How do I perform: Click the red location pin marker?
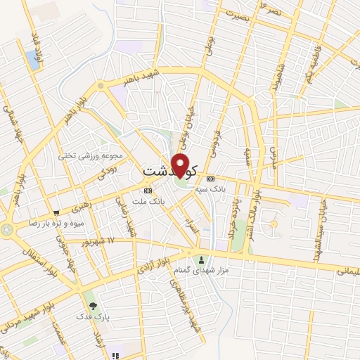click(x=180, y=165)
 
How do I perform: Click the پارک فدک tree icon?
click(x=93, y=305)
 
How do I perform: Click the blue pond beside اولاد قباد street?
click(x=34, y=60)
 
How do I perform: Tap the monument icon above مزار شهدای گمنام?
click(x=203, y=259)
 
